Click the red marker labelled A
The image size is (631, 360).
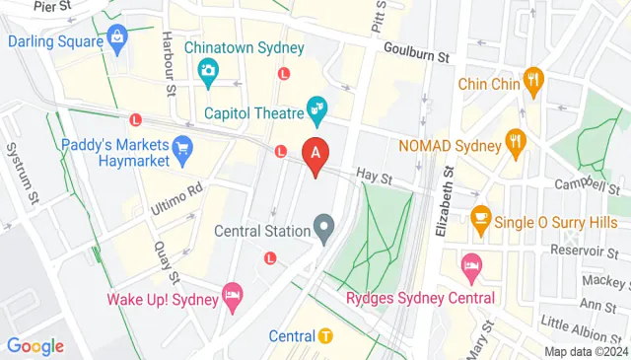click(315, 156)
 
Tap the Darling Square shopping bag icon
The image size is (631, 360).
click(119, 40)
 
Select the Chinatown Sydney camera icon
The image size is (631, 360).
click(208, 70)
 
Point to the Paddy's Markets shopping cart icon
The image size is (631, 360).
click(181, 149)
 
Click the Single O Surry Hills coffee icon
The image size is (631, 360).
click(481, 218)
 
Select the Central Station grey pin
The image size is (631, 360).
click(324, 233)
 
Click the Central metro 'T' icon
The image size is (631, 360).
click(326, 336)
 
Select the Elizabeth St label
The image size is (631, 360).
click(445, 202)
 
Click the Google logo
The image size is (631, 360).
click(35, 346)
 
